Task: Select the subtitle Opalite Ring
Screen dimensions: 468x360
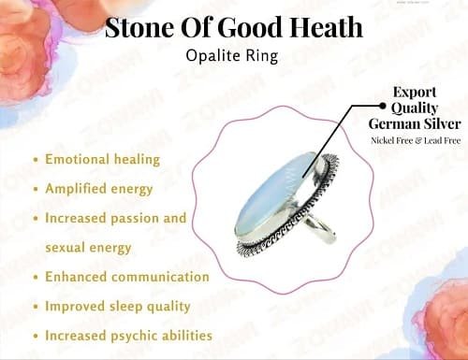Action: pos(232,56)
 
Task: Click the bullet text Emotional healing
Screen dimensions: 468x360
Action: pos(102,159)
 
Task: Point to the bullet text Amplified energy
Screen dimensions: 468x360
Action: pos(99,189)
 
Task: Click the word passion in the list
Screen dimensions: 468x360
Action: pos(135,218)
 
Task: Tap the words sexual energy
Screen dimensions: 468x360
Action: pos(88,248)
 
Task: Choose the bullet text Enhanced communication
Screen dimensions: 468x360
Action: pos(127,277)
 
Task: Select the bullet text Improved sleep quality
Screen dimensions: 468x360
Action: pos(118,307)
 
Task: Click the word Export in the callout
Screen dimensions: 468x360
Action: pos(415,93)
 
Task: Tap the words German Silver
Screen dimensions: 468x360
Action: pos(415,123)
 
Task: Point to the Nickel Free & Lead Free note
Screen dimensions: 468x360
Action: pos(416,140)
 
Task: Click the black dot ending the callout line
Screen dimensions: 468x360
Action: pos(383,106)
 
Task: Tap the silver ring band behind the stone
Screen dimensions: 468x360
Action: pos(320,229)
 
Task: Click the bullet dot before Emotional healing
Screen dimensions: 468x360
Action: pos(36,160)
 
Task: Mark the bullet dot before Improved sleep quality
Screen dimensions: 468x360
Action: pos(36,307)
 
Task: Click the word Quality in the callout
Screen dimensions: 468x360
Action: pos(415,108)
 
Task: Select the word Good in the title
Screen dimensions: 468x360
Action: pos(251,27)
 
